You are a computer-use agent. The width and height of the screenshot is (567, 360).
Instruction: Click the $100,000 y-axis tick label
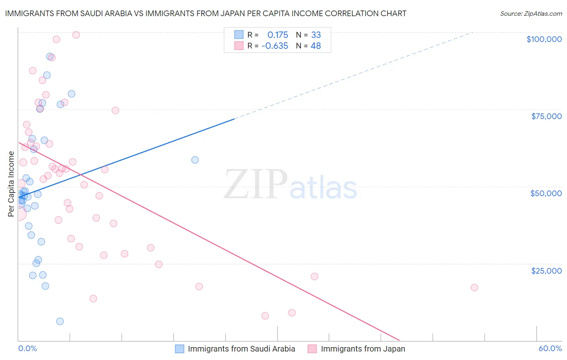pos(544,39)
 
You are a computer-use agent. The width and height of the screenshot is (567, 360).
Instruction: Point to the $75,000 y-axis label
pos(546,116)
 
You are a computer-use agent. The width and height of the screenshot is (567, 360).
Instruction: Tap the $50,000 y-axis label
pos(546,193)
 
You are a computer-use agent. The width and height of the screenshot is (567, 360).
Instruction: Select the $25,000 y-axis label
pos(546,270)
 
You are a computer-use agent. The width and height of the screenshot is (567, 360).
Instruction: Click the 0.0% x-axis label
pos(27,348)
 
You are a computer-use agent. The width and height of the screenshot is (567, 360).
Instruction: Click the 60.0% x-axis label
pos(550,348)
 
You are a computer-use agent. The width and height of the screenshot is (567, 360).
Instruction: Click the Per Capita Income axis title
pos(11,184)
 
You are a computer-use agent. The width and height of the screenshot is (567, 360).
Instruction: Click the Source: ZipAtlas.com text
pos(531,13)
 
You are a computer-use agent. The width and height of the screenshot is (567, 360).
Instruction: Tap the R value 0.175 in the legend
pos(277,35)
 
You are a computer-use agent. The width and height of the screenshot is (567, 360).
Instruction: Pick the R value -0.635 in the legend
pos(275,46)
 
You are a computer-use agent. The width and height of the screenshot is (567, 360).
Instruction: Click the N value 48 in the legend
pos(316,46)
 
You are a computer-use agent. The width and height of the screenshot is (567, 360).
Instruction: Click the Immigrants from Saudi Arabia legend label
pos(241,349)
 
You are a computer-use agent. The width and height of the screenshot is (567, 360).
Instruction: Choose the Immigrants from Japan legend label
pos(363,349)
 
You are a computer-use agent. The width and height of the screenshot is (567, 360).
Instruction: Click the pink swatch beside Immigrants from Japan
pos(312,349)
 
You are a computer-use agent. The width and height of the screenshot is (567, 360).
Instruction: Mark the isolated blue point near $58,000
pos(195,160)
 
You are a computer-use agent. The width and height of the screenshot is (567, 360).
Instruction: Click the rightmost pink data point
pos(474,287)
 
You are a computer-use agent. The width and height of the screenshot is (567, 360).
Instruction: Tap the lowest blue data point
pos(60,321)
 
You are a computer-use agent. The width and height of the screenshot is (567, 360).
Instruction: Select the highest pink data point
pos(76,35)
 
